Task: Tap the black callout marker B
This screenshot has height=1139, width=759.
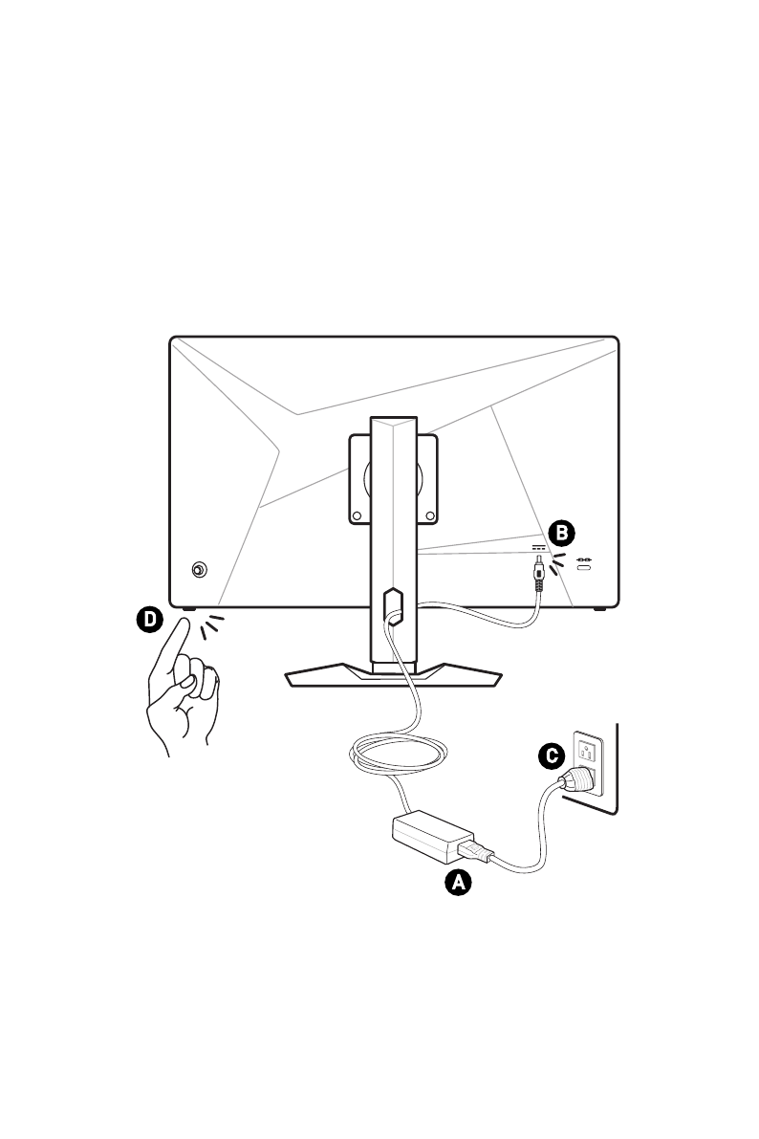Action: [x=562, y=532]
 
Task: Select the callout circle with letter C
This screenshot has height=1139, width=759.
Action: [x=549, y=756]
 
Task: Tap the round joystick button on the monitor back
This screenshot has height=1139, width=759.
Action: [x=199, y=569]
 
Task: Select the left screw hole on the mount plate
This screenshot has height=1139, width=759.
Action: [x=358, y=515]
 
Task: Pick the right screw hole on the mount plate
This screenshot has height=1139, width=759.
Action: [x=429, y=515]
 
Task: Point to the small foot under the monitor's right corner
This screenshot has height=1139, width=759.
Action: [x=599, y=608]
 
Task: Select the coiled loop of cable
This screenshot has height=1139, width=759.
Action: [x=397, y=756]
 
